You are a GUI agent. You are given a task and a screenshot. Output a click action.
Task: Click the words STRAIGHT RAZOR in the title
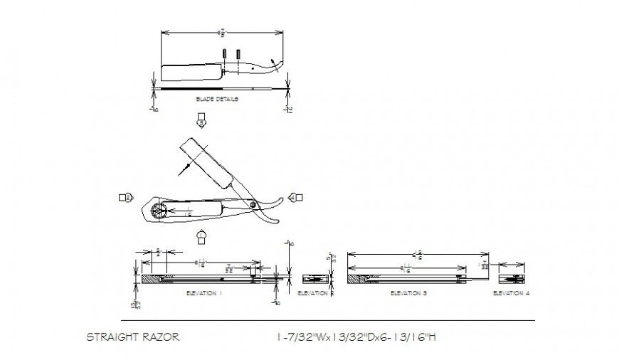tap(132, 337)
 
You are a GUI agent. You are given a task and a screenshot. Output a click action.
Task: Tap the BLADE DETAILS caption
tap(217, 100)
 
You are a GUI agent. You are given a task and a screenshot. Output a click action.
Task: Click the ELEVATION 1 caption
tap(204, 293)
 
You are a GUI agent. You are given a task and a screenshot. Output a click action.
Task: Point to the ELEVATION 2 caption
tap(313, 293)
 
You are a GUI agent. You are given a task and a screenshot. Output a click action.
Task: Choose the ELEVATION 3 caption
tap(409, 293)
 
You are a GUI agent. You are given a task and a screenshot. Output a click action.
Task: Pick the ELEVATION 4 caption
tap(511, 293)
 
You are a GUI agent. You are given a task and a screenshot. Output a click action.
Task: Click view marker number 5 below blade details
tap(202, 120)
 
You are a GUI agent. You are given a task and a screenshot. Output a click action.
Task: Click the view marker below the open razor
tap(202, 236)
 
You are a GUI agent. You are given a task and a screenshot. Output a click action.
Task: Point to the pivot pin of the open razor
tap(254, 204)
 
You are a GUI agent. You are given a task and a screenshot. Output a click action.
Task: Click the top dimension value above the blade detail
tap(223, 32)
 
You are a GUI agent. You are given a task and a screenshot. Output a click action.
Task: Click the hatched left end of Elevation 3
tap(356, 278)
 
